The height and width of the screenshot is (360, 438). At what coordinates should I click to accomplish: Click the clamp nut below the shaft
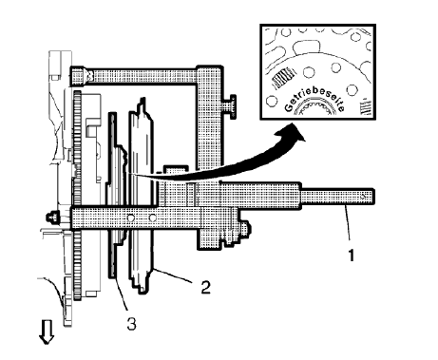click(x=246, y=229)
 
